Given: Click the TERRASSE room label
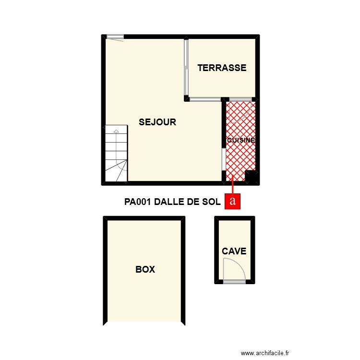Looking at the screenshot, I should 222,68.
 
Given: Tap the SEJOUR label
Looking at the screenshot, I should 157,122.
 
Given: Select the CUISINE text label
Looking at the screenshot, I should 240,141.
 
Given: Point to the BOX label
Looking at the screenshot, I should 145,270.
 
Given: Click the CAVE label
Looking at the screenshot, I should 234,251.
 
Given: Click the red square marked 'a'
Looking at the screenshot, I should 233,201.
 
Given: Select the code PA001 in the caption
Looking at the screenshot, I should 138,202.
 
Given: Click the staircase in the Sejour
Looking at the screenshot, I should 116,154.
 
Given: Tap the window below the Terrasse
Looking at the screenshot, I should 205,100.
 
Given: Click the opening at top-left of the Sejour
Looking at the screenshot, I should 115,36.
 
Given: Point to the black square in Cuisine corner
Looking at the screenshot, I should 251,176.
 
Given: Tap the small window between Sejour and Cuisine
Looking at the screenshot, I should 224,159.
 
